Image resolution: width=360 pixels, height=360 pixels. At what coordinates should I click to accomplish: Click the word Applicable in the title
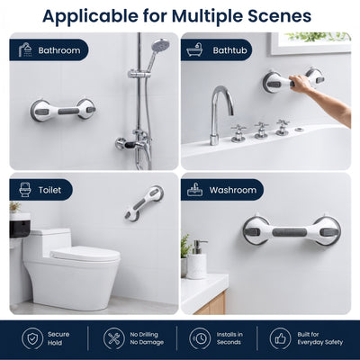[90, 16]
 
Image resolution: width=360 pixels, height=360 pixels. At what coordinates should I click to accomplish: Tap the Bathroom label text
[59, 50]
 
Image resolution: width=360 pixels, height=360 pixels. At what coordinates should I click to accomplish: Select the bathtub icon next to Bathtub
[194, 50]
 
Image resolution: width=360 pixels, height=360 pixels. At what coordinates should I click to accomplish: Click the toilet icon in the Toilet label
[25, 190]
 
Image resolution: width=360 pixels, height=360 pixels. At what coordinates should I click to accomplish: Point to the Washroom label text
[233, 190]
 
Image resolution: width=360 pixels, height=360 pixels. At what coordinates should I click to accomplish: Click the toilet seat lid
[85, 255]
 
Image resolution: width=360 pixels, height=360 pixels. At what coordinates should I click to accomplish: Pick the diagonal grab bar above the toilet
[144, 203]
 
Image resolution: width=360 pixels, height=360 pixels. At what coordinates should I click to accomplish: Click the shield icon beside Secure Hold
[32, 338]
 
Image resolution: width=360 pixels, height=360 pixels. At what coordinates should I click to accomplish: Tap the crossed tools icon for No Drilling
[114, 338]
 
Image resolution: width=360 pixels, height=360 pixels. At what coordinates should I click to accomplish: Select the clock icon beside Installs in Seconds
[200, 338]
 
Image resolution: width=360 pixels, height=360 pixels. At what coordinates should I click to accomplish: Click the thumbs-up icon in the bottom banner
[280, 338]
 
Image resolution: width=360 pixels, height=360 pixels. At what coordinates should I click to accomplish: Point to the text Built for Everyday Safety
[319, 338]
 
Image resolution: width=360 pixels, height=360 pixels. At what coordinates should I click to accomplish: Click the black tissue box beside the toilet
[20, 227]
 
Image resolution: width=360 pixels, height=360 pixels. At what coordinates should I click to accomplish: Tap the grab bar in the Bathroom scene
[63, 111]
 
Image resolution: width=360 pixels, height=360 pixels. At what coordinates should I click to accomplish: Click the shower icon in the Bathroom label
[26, 49]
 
